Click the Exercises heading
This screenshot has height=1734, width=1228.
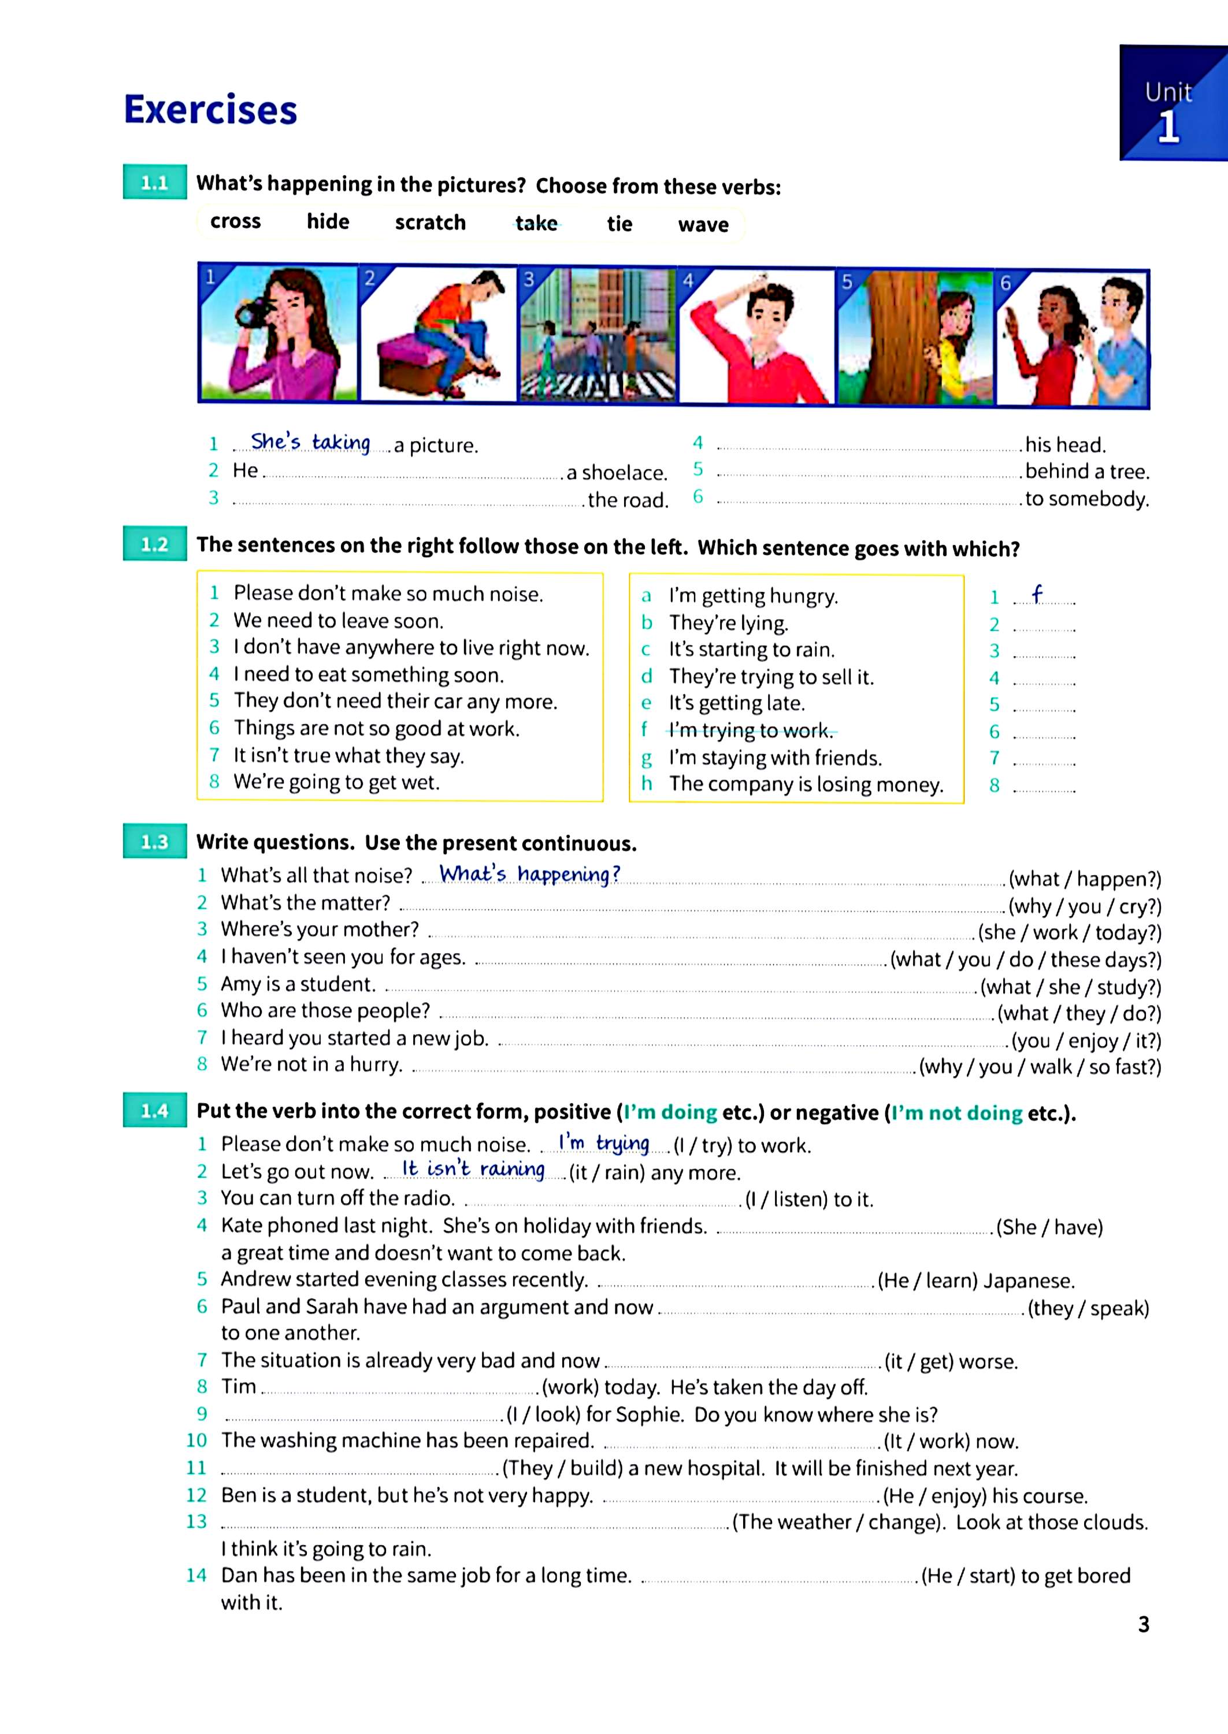click(x=210, y=110)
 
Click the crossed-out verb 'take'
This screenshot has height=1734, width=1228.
click(x=536, y=223)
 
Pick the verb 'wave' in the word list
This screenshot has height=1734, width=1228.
click(x=703, y=225)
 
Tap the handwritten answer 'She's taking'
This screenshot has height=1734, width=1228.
click(x=310, y=442)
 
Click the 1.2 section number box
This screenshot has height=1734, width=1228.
click(x=154, y=544)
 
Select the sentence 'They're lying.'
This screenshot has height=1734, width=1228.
click(x=728, y=623)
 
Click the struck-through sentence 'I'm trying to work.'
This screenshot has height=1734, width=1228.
click(x=750, y=731)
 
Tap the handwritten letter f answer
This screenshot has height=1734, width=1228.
click(x=1037, y=595)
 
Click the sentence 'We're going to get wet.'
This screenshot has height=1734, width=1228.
click(x=336, y=782)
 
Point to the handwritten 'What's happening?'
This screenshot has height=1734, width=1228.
click(x=529, y=874)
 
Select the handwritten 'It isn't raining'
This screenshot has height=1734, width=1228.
click(x=473, y=1169)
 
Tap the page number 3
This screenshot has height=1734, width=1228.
click(x=1143, y=1624)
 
